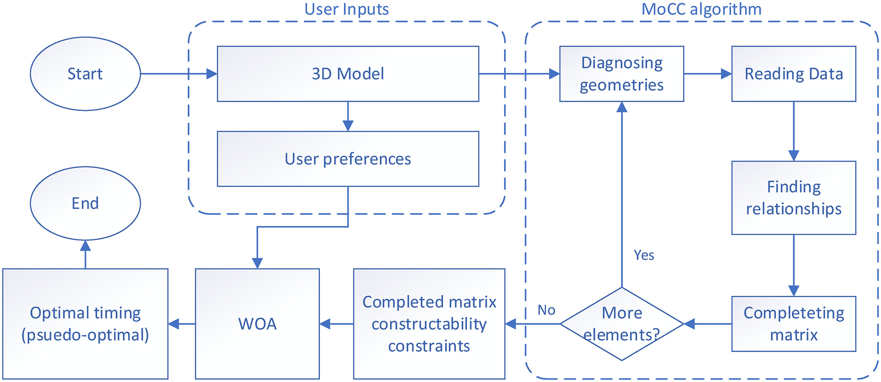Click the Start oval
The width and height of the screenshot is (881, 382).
[85, 74]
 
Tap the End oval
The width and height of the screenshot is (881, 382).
[85, 203]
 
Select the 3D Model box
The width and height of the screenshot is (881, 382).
[348, 74]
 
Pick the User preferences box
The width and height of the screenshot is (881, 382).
[348, 159]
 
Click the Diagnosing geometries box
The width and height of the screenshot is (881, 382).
[622, 74]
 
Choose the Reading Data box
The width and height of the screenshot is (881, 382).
[794, 74]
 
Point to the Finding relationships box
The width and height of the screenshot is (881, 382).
[794, 198]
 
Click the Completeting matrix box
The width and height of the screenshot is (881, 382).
[794, 324]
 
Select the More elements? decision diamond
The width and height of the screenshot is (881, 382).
[622, 324]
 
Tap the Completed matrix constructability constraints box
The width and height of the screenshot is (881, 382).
[429, 324]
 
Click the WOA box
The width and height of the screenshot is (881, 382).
[257, 324]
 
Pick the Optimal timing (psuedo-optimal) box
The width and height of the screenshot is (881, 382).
[85, 324]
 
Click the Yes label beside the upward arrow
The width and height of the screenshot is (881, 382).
[644, 255]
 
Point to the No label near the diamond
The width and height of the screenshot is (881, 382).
[546, 310]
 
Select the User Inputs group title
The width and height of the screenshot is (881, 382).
[347, 9]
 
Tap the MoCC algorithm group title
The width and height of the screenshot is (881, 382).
[702, 9]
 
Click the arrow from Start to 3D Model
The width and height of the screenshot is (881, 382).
[179, 74]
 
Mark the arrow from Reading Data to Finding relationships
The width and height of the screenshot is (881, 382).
[794, 131]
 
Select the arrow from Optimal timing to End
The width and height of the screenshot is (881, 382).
[85, 254]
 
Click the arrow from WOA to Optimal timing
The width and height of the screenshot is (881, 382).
[182, 324]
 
